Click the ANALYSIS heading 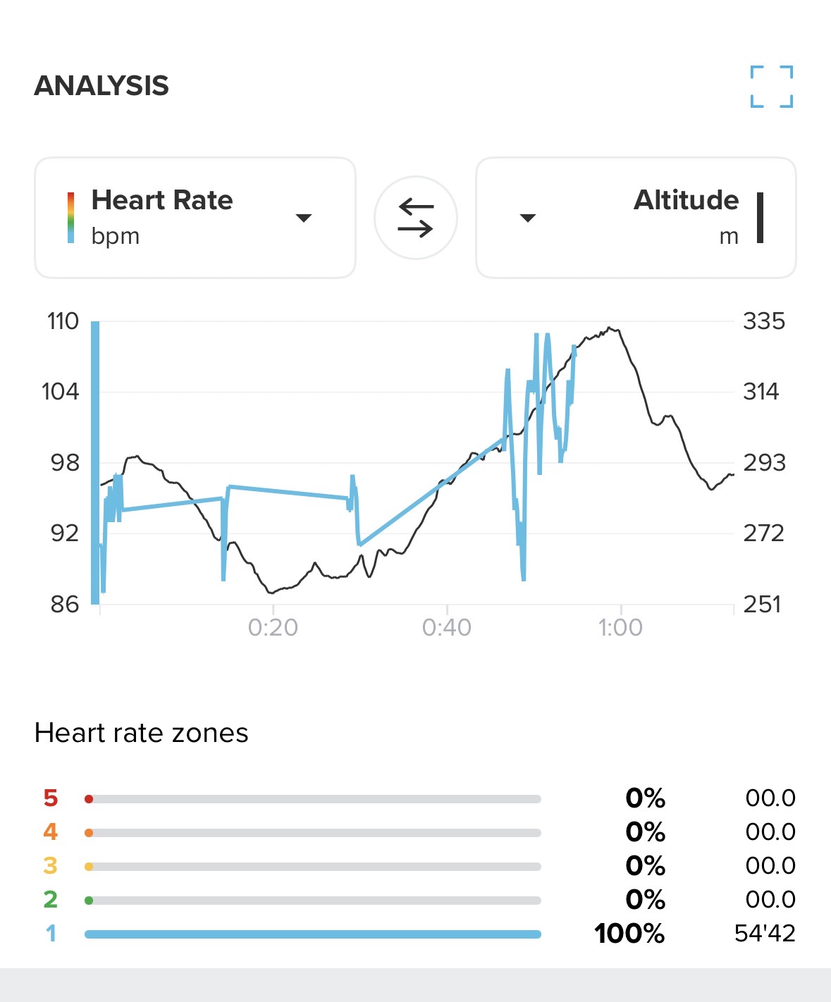click(x=101, y=86)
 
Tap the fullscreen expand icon click(x=771, y=87)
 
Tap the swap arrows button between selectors click(x=415, y=218)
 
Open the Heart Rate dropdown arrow click(x=304, y=218)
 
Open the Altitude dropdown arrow click(x=528, y=218)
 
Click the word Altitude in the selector click(x=686, y=200)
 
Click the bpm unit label click(x=116, y=236)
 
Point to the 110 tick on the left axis click(x=63, y=321)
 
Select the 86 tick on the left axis click(x=64, y=604)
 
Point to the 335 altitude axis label click(x=763, y=321)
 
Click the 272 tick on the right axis click(x=763, y=533)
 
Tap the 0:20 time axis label click(x=273, y=627)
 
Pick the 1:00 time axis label click(x=620, y=627)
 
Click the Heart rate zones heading click(x=141, y=733)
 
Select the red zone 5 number click(x=50, y=798)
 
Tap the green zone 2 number click(x=50, y=900)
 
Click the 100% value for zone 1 click(x=629, y=934)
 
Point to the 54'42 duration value click(x=765, y=934)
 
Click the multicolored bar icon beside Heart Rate click(x=70, y=218)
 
